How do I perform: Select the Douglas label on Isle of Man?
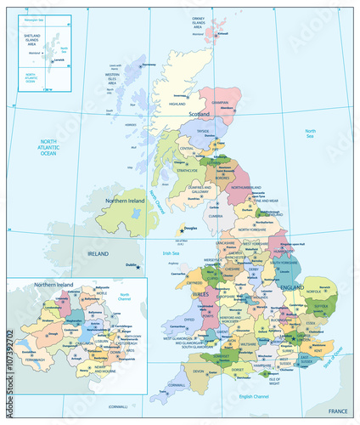pos(191,228)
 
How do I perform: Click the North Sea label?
pos(311,132)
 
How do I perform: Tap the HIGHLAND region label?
pos(177,105)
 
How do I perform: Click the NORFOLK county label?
pos(315,292)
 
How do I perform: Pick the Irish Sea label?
pos(171,252)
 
